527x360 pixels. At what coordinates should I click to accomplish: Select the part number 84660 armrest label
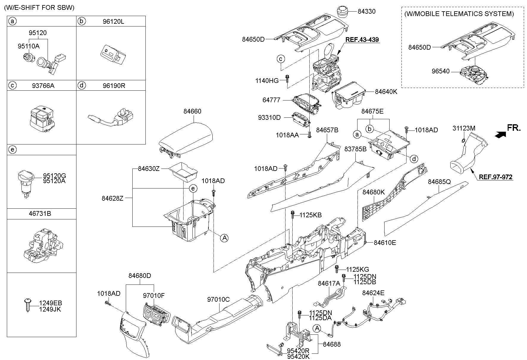(x=192, y=111)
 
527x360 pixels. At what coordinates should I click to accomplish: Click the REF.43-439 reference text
(x=362, y=40)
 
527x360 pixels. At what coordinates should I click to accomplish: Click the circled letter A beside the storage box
(x=224, y=238)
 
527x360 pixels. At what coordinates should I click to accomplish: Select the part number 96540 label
(x=440, y=71)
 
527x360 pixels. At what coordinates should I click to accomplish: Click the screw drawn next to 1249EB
(x=27, y=305)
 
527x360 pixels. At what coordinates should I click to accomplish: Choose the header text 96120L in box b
(x=114, y=21)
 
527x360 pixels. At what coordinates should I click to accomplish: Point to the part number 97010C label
(x=218, y=300)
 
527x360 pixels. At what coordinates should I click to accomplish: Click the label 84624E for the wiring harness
(x=373, y=293)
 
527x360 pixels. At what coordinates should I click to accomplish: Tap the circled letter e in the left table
(x=12, y=150)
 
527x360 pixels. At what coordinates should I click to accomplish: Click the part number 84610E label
(x=385, y=243)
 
